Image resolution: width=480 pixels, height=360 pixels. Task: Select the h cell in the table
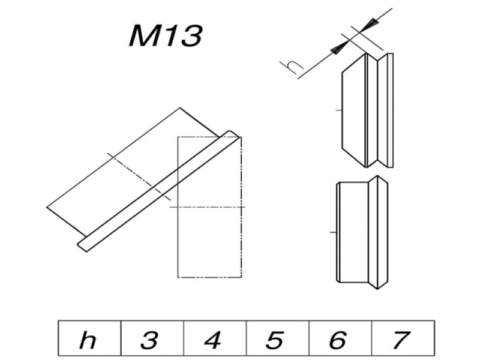(88, 340)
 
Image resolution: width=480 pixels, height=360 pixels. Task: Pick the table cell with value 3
(151, 340)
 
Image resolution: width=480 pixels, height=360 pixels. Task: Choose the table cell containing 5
(277, 340)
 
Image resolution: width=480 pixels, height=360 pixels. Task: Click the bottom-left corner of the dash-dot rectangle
(178, 277)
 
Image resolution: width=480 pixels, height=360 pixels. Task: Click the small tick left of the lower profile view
(334, 231)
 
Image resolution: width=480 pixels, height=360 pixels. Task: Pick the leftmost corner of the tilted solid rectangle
(47, 208)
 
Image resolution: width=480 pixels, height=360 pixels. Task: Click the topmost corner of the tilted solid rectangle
(181, 108)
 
